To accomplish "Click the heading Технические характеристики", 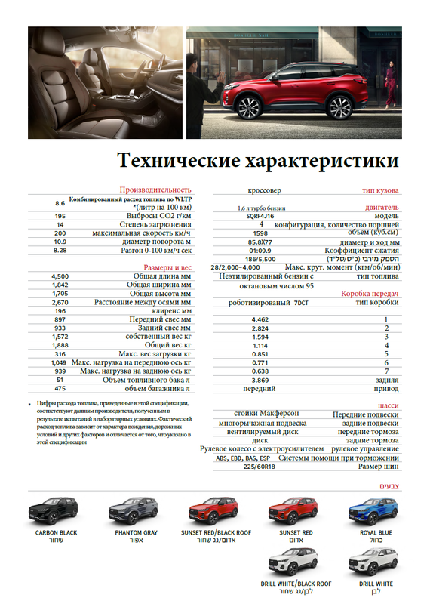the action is pos(258,162).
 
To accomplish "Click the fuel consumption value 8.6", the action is pos(60,203).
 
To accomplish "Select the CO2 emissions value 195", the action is pos(60,215).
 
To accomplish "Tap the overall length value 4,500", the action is pos(60,276).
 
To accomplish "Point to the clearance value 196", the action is pos(60,311).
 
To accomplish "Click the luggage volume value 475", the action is pos(60,388).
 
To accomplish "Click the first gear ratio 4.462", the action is pos(261,320).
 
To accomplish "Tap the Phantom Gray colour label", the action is pos(136,532).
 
